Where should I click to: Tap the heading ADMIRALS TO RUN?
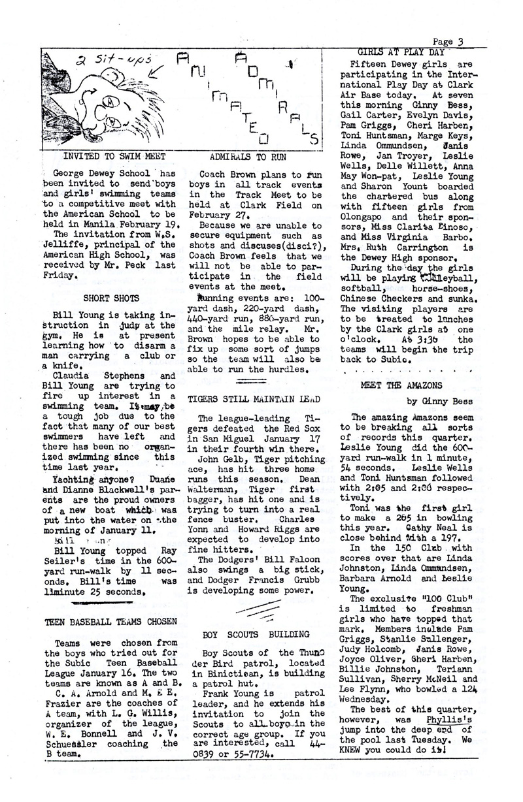pos(250,157)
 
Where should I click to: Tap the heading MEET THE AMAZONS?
pos(401,385)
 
